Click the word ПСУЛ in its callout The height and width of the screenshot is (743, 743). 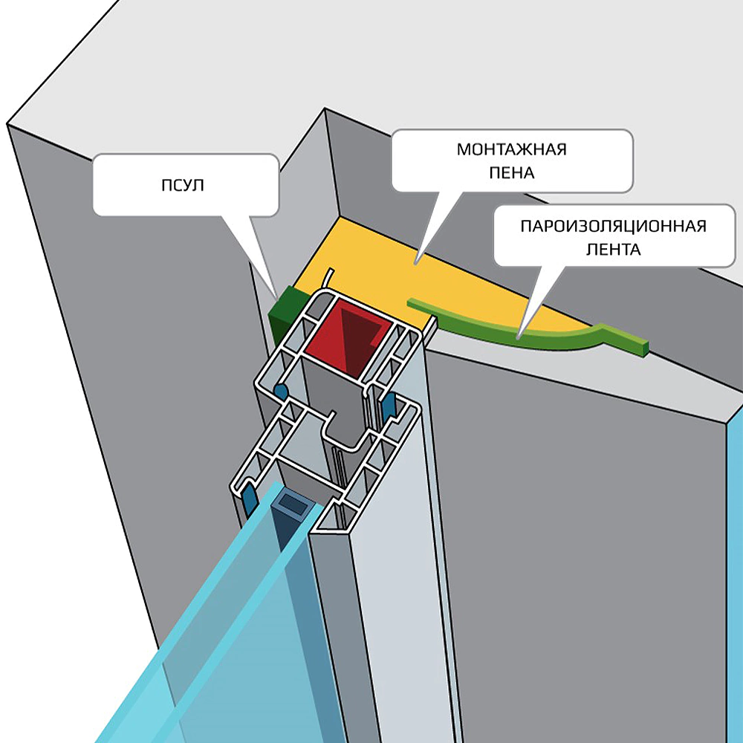182,185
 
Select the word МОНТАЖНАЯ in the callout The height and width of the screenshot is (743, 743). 511,149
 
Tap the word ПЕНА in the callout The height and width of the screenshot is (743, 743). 511,174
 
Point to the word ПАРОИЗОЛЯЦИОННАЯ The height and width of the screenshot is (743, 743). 612,226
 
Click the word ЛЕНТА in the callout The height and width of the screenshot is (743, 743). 612,250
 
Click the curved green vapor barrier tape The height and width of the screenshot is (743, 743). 520,333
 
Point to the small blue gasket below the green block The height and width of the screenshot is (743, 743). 280,390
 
